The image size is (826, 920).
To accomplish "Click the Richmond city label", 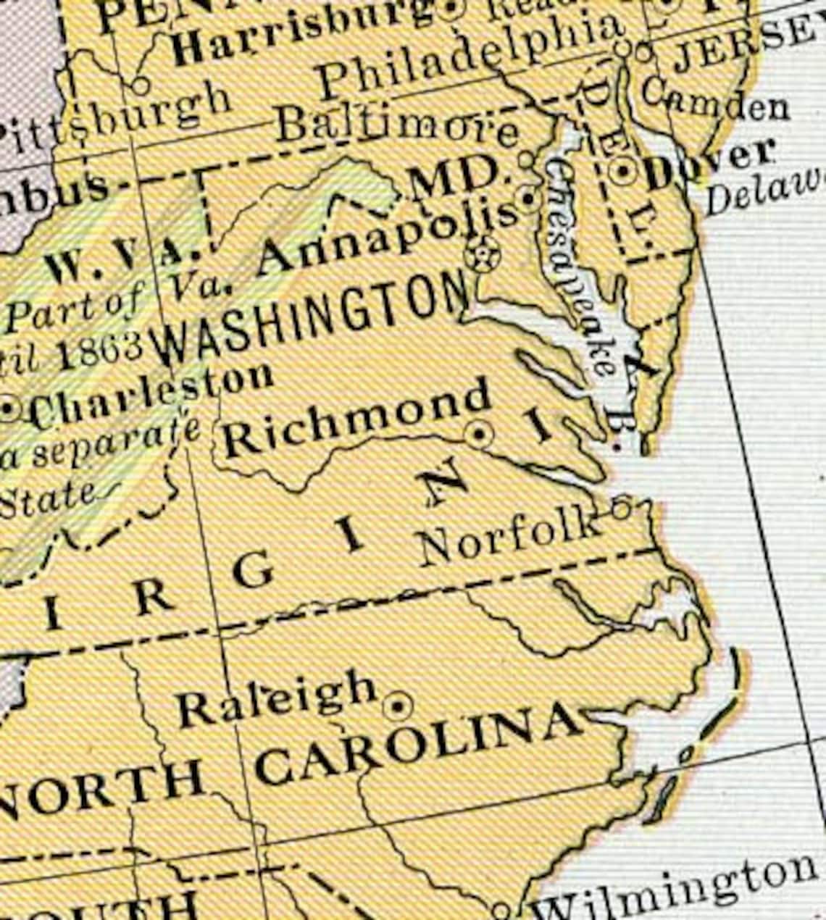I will click(355, 419).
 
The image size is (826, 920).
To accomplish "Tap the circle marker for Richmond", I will click(479, 434).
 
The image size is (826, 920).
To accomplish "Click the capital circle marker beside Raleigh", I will click(398, 705).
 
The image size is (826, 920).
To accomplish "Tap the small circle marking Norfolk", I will click(620, 508).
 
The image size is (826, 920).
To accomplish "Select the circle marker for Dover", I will click(622, 172).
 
